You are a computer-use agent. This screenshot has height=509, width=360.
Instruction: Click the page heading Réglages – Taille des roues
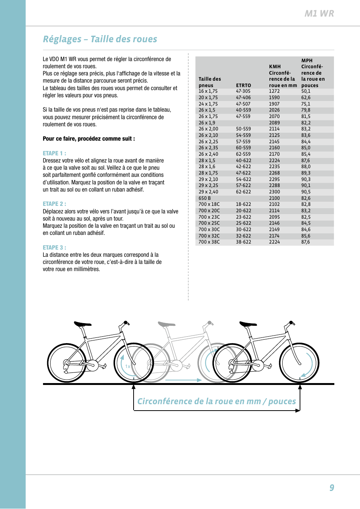100,39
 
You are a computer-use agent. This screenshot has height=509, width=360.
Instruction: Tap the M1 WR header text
319,14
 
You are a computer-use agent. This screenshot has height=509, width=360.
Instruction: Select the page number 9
332,488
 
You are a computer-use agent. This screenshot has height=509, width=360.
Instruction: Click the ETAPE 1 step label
54,153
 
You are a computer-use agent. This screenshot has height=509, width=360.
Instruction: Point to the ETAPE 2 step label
54,204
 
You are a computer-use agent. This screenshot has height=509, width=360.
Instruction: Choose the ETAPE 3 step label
54,248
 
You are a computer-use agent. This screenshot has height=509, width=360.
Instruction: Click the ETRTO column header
243,86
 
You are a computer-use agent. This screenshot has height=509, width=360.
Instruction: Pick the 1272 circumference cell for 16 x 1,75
274,91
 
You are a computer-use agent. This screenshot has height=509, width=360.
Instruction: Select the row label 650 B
205,198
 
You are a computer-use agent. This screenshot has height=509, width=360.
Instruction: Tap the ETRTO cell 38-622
243,242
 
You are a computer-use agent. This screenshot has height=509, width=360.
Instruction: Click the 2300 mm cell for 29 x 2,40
274,192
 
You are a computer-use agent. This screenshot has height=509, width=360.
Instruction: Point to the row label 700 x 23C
209,217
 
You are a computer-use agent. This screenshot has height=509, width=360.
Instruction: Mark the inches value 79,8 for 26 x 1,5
306,110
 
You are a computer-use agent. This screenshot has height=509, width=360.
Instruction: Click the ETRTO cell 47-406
243,98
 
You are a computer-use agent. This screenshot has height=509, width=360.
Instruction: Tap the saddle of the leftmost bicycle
83,324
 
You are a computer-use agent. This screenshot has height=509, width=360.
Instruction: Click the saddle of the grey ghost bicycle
166,324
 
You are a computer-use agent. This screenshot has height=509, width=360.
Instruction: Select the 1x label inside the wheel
128,366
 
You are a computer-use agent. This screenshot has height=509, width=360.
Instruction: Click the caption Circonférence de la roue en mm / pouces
217,402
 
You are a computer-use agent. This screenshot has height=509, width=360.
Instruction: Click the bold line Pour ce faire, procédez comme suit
89,139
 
